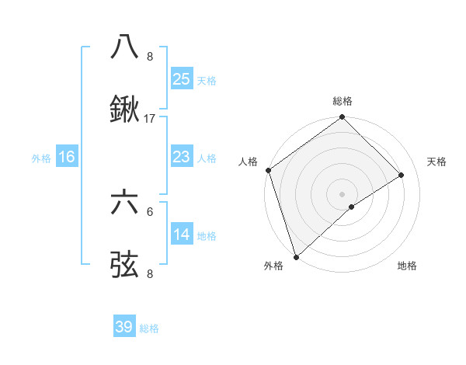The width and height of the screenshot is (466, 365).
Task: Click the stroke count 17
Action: click(x=150, y=119)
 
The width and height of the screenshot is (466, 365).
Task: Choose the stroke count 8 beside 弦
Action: click(x=150, y=274)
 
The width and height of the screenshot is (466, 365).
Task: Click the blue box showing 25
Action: click(x=182, y=79)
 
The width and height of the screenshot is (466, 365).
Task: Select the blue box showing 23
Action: click(x=182, y=158)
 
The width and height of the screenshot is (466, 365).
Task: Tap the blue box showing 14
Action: click(x=182, y=235)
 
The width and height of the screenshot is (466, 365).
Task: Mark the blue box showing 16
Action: click(x=67, y=158)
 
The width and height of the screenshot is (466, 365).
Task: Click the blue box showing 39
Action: click(x=124, y=327)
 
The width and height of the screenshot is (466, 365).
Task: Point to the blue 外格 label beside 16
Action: click(x=41, y=158)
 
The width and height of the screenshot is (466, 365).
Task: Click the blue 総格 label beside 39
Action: click(x=149, y=328)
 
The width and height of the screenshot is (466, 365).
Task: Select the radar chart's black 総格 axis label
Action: click(x=343, y=101)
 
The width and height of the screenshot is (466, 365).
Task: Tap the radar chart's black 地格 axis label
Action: click(x=407, y=266)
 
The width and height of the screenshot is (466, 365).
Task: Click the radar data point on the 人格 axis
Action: click(x=268, y=170)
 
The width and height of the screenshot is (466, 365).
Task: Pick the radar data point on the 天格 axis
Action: click(x=402, y=175)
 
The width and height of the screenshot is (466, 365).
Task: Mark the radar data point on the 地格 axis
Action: click(x=352, y=207)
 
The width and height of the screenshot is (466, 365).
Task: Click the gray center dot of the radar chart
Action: click(x=342, y=193)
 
